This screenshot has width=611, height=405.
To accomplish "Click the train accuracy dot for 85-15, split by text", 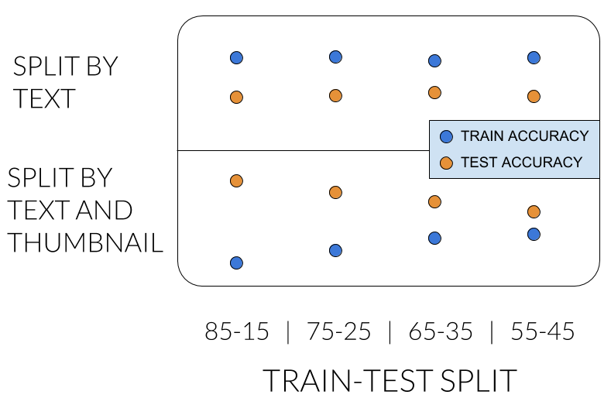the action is click(x=236, y=57).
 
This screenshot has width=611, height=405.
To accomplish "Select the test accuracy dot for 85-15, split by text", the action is click(x=236, y=97).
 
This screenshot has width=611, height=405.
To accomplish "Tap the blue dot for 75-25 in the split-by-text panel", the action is click(x=335, y=57).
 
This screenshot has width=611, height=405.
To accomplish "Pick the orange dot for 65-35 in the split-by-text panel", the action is click(x=434, y=93).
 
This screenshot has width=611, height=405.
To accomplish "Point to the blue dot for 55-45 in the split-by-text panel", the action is click(x=534, y=57).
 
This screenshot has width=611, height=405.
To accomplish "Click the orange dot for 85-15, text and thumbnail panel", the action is click(x=236, y=181).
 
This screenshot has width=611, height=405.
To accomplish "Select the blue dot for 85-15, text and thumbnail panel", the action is click(x=236, y=263).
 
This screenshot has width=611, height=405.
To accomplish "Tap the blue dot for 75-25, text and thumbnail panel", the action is click(x=335, y=250).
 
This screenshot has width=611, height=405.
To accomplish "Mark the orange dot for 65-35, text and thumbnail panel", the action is click(x=434, y=202).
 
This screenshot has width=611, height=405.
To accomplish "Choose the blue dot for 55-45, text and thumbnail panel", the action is click(x=534, y=235).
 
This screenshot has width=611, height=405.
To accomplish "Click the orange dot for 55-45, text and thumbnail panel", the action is click(x=534, y=211).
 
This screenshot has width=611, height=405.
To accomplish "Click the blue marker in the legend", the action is click(x=446, y=136).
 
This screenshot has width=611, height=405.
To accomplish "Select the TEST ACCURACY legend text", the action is click(x=521, y=162).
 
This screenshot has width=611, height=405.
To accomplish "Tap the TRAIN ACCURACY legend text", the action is click(x=524, y=136).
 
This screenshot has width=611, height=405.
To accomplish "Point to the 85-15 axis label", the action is click(x=237, y=331).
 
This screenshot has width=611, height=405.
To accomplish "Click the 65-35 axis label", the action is click(x=441, y=331).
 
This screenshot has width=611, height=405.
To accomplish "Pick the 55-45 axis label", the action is click(x=542, y=331).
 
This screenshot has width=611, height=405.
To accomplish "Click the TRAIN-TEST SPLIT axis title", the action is click(x=390, y=380).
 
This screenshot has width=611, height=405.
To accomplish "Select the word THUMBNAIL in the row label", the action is click(x=85, y=242).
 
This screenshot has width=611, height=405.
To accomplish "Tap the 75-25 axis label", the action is click(x=338, y=331).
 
